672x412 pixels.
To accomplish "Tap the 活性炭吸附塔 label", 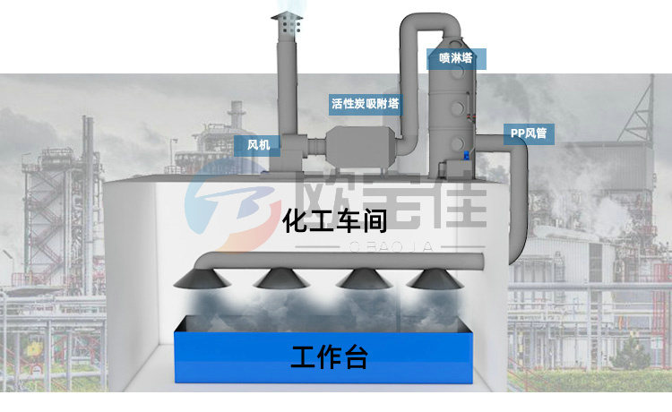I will click(365, 103).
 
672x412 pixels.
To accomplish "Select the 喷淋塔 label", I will click(456, 58).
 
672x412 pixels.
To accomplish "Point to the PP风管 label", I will click(528, 134).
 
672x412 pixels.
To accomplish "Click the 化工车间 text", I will click(334, 221).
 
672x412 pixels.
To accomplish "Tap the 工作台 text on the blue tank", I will click(329, 357).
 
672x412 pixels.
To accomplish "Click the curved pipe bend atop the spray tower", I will click(415, 24).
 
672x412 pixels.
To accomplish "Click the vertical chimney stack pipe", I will click(288, 90).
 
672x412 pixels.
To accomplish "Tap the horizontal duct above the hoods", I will click(358, 261).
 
